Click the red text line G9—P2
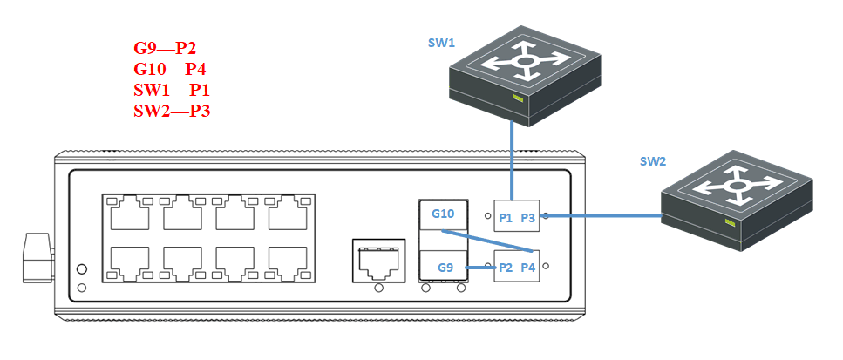[171, 48]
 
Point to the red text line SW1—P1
[172, 90]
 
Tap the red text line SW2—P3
[172, 111]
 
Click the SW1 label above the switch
[441, 44]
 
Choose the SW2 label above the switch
[653, 161]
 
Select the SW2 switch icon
[738, 200]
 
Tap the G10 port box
[443, 214]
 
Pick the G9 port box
[445, 267]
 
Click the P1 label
[505, 218]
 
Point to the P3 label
[527, 218]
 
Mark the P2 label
[504, 268]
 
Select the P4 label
[527, 268]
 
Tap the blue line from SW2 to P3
[602, 215]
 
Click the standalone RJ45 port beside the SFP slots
[379, 260]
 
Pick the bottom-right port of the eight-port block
[288, 262]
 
